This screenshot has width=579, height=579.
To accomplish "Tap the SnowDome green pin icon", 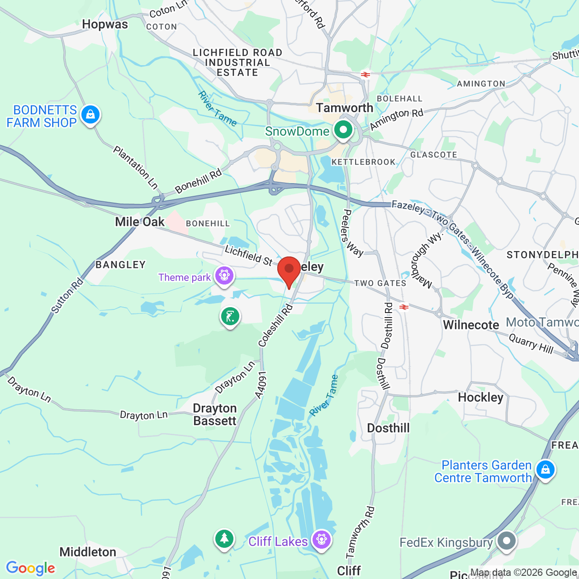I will point(343,130).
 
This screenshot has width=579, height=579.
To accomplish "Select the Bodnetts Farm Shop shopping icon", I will point(90,115).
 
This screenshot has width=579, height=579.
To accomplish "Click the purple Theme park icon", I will point(224,275).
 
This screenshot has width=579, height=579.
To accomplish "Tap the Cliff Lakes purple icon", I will point(322,540).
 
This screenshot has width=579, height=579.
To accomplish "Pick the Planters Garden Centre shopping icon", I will point(546,470).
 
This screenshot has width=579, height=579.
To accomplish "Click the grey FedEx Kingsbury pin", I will point(507,541).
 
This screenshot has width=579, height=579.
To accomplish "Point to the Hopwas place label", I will point(105,24).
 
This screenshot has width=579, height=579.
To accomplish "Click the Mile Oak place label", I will point(140,222).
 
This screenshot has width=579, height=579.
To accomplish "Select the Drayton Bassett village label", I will point(215,414).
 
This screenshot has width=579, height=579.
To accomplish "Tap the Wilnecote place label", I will point(471,325).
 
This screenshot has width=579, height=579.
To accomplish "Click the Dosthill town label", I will point(388,428).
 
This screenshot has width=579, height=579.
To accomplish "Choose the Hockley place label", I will point(480,397).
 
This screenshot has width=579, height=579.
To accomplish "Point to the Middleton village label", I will point(88,552).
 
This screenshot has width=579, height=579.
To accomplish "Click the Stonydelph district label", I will point(542,255).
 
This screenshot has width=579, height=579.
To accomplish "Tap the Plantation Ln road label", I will point(135,167).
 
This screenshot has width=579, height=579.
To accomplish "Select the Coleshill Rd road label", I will point(275,326).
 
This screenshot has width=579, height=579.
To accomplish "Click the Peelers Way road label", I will point(354,233).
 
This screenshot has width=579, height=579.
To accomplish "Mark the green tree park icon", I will point(224,539).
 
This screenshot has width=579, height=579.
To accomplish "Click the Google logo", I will point(31,568).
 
